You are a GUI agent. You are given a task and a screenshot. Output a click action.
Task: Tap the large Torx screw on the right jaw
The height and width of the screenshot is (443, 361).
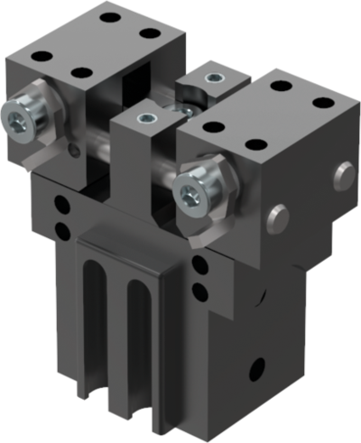pyautogui.click(x=192, y=190)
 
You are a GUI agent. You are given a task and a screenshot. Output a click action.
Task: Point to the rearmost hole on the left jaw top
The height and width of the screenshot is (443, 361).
pyautogui.click(x=111, y=15)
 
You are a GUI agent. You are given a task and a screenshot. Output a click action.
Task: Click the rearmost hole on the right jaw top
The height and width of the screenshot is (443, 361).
pyautogui.click(x=277, y=87)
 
